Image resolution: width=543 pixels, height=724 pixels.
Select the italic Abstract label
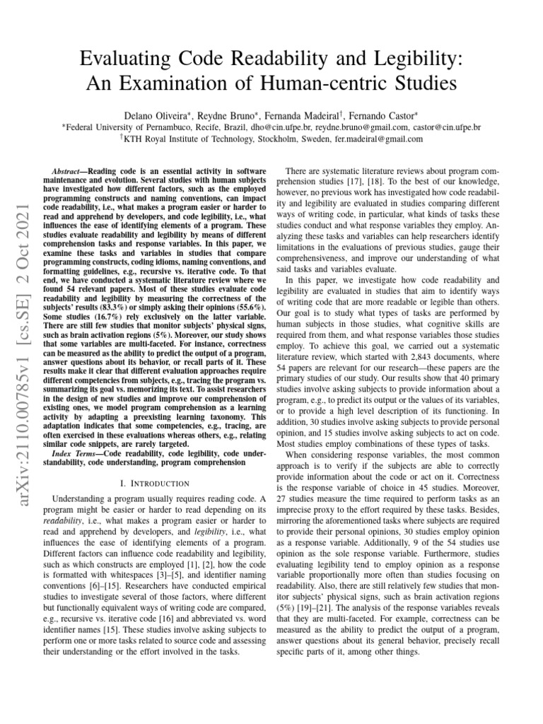pyautogui.click(x=68, y=173)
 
